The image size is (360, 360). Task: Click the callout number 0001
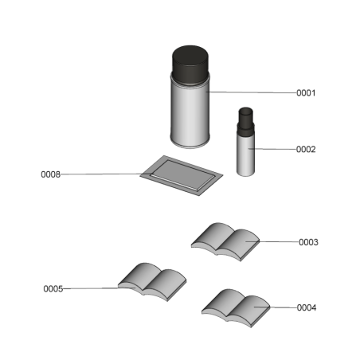pos(307,93)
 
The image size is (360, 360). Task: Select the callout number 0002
pos(307,150)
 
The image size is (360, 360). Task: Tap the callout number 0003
pos(308,242)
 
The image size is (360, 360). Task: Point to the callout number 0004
pos(307,307)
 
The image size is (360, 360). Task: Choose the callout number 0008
pos(50,174)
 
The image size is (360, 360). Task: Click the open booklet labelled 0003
pos(227,240)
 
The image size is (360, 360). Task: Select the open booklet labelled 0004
pos(237,306)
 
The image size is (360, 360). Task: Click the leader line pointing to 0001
pos(251,92)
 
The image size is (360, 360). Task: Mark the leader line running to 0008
pos(104,174)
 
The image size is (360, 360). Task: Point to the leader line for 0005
pos(92,288)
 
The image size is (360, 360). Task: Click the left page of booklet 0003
pos(212,237)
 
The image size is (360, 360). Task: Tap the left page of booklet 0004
pos(222,303)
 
